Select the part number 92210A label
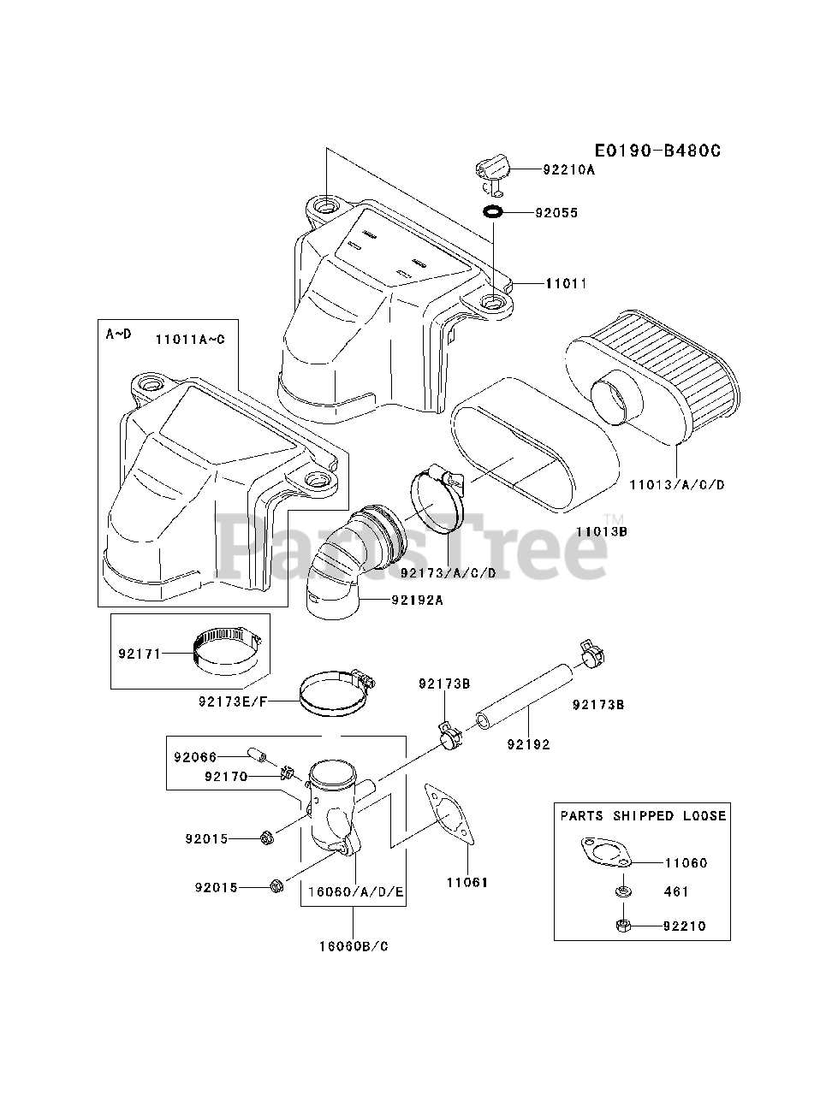tap(568, 169)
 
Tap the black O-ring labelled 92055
tap(493, 211)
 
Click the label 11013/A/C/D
tap(676, 484)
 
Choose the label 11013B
tap(602, 531)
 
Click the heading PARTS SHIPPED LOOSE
tap(643, 815)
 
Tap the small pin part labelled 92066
tap(256, 755)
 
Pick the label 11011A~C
tap(190, 339)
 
